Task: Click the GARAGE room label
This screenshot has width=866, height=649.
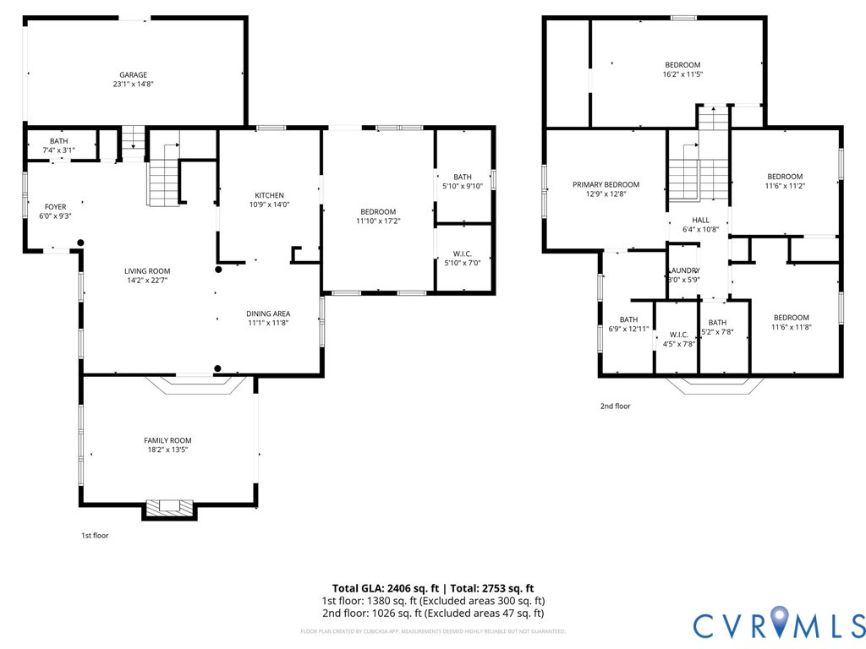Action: tap(133, 74)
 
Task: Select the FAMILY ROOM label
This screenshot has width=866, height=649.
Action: tap(167, 440)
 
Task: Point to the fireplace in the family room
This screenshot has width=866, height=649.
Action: tap(169, 507)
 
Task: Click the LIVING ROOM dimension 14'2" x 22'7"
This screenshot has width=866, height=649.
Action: tap(148, 281)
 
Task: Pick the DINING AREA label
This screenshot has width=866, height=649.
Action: tap(269, 314)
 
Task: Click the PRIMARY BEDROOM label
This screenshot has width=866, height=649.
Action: tap(606, 184)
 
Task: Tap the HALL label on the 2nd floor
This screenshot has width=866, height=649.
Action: tap(700, 219)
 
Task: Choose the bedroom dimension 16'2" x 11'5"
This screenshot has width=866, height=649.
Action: tap(682, 74)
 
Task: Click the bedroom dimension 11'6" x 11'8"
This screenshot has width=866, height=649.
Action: tap(791, 327)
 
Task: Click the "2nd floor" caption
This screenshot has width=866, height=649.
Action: tap(615, 406)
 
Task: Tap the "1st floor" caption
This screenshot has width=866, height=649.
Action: tap(95, 536)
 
